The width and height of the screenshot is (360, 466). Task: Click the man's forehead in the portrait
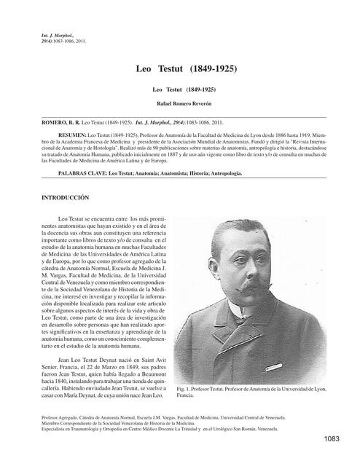point(249,240)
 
